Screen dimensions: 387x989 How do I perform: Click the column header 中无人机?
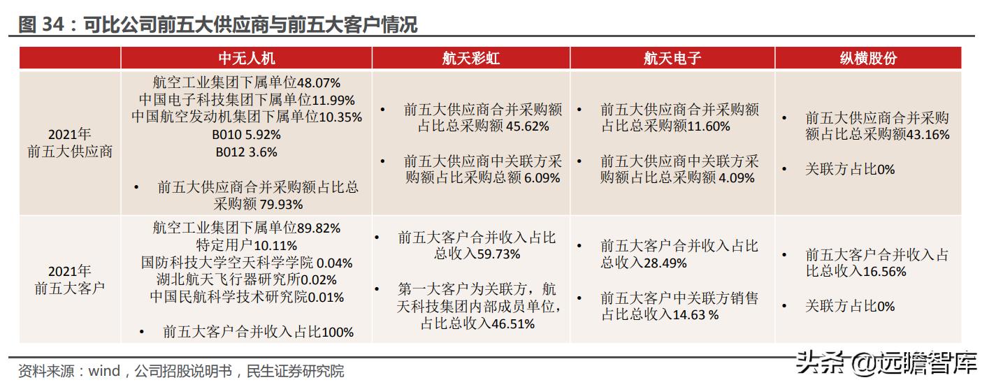[x=246, y=58]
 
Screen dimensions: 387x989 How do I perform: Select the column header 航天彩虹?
[x=470, y=58]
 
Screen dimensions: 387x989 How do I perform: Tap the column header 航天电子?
[x=672, y=58]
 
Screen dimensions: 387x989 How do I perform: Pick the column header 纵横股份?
[x=867, y=58]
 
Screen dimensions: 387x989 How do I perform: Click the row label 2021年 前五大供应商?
[x=70, y=143]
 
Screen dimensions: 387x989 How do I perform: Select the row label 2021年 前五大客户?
[x=70, y=279]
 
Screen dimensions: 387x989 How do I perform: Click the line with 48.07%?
[x=246, y=82]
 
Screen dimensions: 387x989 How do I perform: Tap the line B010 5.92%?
[x=247, y=135]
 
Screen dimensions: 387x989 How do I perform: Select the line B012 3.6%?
[x=246, y=152]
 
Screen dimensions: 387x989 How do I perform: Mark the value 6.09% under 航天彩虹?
[x=542, y=178]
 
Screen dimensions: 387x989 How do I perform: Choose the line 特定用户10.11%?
[x=246, y=245]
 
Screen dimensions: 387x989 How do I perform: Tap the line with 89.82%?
[x=246, y=228]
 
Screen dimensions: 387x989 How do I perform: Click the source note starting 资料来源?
[x=180, y=371]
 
